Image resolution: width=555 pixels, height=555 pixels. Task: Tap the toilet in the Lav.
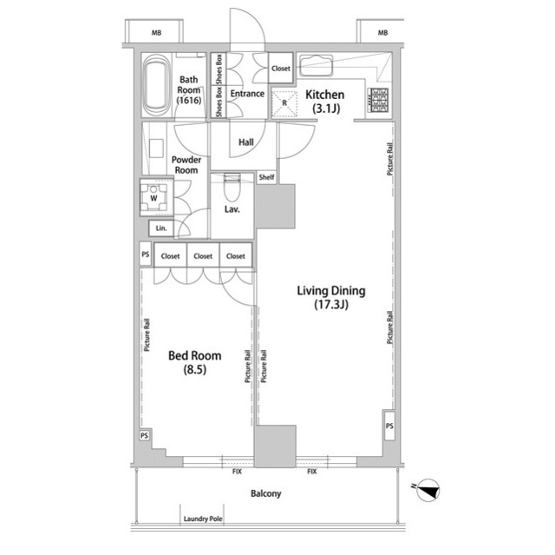point(232,187)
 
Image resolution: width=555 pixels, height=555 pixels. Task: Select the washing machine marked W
point(153,197)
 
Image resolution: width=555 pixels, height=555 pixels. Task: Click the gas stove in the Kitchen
point(378,100)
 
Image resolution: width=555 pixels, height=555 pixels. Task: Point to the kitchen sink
point(316,65)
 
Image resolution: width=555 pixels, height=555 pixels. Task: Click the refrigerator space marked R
point(284,103)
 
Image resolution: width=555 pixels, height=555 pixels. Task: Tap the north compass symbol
point(428,490)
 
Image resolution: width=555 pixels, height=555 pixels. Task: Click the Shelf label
point(266,177)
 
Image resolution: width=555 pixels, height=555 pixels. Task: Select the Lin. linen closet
point(161,228)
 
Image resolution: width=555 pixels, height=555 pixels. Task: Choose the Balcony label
point(266,493)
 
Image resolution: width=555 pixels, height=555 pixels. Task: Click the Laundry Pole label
point(203,519)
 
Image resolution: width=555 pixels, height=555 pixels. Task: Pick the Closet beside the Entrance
point(281,68)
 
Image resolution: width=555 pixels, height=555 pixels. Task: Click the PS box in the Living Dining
point(389,426)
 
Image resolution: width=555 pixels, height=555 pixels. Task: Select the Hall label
point(246,142)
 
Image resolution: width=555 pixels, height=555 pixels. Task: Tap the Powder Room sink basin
point(156,149)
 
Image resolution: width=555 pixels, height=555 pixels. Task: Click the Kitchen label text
point(324,95)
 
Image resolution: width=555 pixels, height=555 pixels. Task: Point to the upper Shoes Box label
point(219,69)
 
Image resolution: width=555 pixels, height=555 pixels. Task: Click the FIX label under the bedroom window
point(237,472)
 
